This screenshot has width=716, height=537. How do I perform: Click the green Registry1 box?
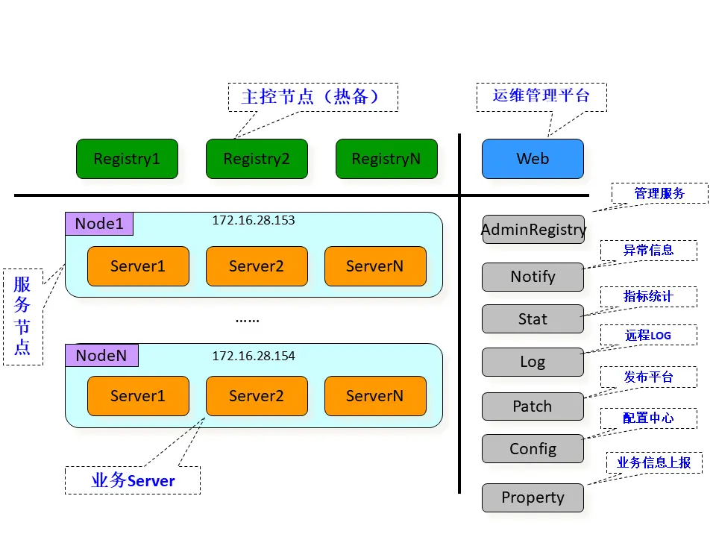(x=127, y=159)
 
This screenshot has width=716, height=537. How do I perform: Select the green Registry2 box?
(x=257, y=159)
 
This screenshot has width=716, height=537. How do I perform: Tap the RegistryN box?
(x=386, y=159)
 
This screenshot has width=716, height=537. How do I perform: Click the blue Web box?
(x=533, y=159)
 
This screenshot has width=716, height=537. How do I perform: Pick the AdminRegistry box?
(x=533, y=230)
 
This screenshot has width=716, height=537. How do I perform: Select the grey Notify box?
(x=533, y=277)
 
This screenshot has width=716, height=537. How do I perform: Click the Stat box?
(x=533, y=319)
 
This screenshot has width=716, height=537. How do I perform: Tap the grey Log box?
(x=533, y=362)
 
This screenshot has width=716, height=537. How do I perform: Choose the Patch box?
(x=533, y=406)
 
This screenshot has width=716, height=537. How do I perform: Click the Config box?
(x=533, y=449)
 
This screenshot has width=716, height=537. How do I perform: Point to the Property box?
(x=533, y=497)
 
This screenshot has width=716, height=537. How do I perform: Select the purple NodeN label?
(x=101, y=356)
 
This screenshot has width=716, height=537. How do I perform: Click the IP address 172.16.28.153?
(x=254, y=221)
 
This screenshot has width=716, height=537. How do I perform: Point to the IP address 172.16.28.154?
(x=254, y=356)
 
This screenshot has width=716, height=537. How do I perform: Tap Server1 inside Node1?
(x=138, y=266)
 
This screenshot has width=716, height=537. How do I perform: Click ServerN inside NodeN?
(x=375, y=396)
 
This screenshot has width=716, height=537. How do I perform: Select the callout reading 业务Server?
(x=133, y=480)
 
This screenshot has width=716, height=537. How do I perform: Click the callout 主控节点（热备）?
(x=313, y=97)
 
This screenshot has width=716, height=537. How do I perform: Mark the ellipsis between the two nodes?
(x=247, y=319)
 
